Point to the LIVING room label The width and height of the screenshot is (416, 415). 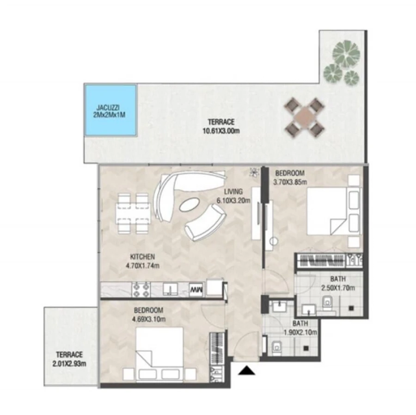pyautogui.click(x=233, y=192)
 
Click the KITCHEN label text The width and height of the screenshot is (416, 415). pyautogui.click(x=142, y=257)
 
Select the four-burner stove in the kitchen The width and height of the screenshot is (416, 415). pyautogui.click(x=141, y=289)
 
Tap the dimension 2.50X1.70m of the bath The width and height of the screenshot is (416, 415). pyautogui.click(x=338, y=288)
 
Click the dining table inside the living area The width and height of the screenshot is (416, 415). pyautogui.click(x=133, y=213)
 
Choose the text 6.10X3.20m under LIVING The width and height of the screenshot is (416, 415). pyautogui.click(x=233, y=201)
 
